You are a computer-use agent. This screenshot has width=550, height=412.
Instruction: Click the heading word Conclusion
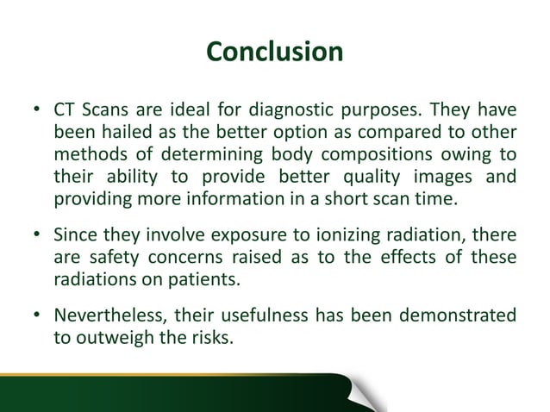tap(275, 52)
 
